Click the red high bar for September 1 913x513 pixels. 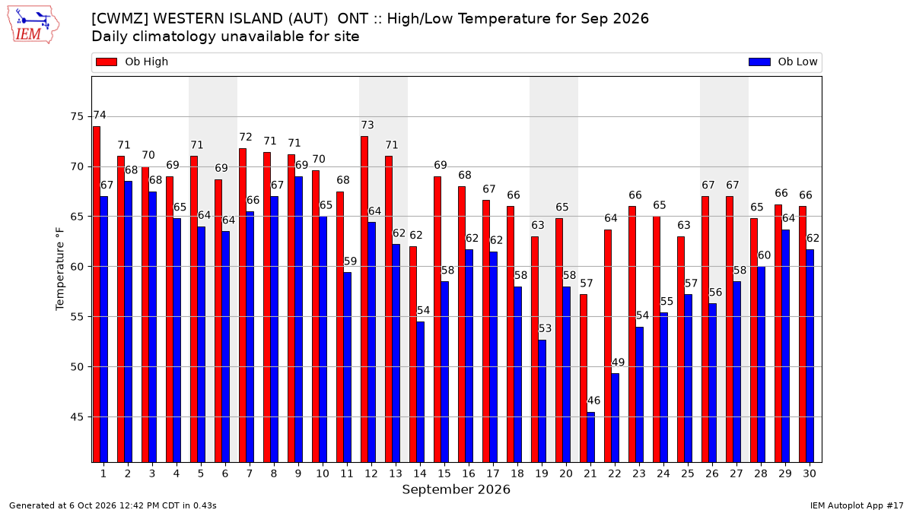[97, 294]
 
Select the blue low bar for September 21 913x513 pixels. [591, 437]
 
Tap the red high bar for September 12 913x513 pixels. [364, 299]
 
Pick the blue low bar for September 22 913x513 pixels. [615, 418]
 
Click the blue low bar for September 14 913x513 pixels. [420, 392]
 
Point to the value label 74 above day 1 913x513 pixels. [100, 116]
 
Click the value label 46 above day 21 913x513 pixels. [593, 401]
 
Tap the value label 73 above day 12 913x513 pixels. [367, 125]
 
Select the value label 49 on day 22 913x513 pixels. [618, 363]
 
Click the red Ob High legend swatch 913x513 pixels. [107, 62]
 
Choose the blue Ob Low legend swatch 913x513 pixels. [759, 62]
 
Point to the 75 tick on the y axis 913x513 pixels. [77, 117]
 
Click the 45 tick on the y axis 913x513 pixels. [77, 417]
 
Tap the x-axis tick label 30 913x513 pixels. [809, 474]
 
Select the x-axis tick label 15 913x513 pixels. [444, 474]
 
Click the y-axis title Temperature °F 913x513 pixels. [60, 269]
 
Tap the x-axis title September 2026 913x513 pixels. [456, 489]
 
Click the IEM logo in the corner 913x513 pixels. [33, 25]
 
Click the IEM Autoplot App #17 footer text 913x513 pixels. [857, 505]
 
